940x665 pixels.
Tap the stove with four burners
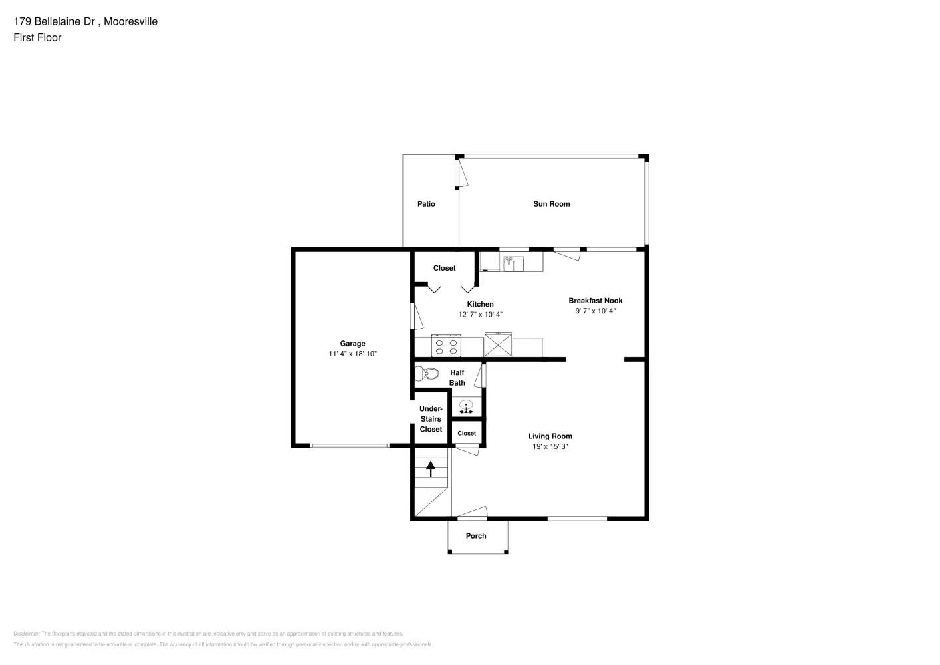[x=446, y=346]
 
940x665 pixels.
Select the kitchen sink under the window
[x=513, y=263]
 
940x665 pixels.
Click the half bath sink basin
[x=467, y=405]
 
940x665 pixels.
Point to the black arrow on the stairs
[x=431, y=468]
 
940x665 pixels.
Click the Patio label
[x=426, y=204]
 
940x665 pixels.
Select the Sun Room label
[x=551, y=204]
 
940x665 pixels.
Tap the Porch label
[x=476, y=536]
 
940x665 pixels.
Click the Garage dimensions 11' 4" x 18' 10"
[x=352, y=354]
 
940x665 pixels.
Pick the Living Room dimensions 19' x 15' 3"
[x=550, y=447]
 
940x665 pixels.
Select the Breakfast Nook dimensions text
[x=595, y=311]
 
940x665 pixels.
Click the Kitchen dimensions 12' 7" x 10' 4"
[x=480, y=315]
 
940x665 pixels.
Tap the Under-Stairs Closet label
[x=431, y=419]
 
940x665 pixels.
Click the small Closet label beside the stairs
[x=467, y=434]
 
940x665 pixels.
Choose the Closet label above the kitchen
[x=444, y=268]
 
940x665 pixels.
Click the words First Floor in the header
[x=37, y=38]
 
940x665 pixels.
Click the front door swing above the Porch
[x=472, y=513]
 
